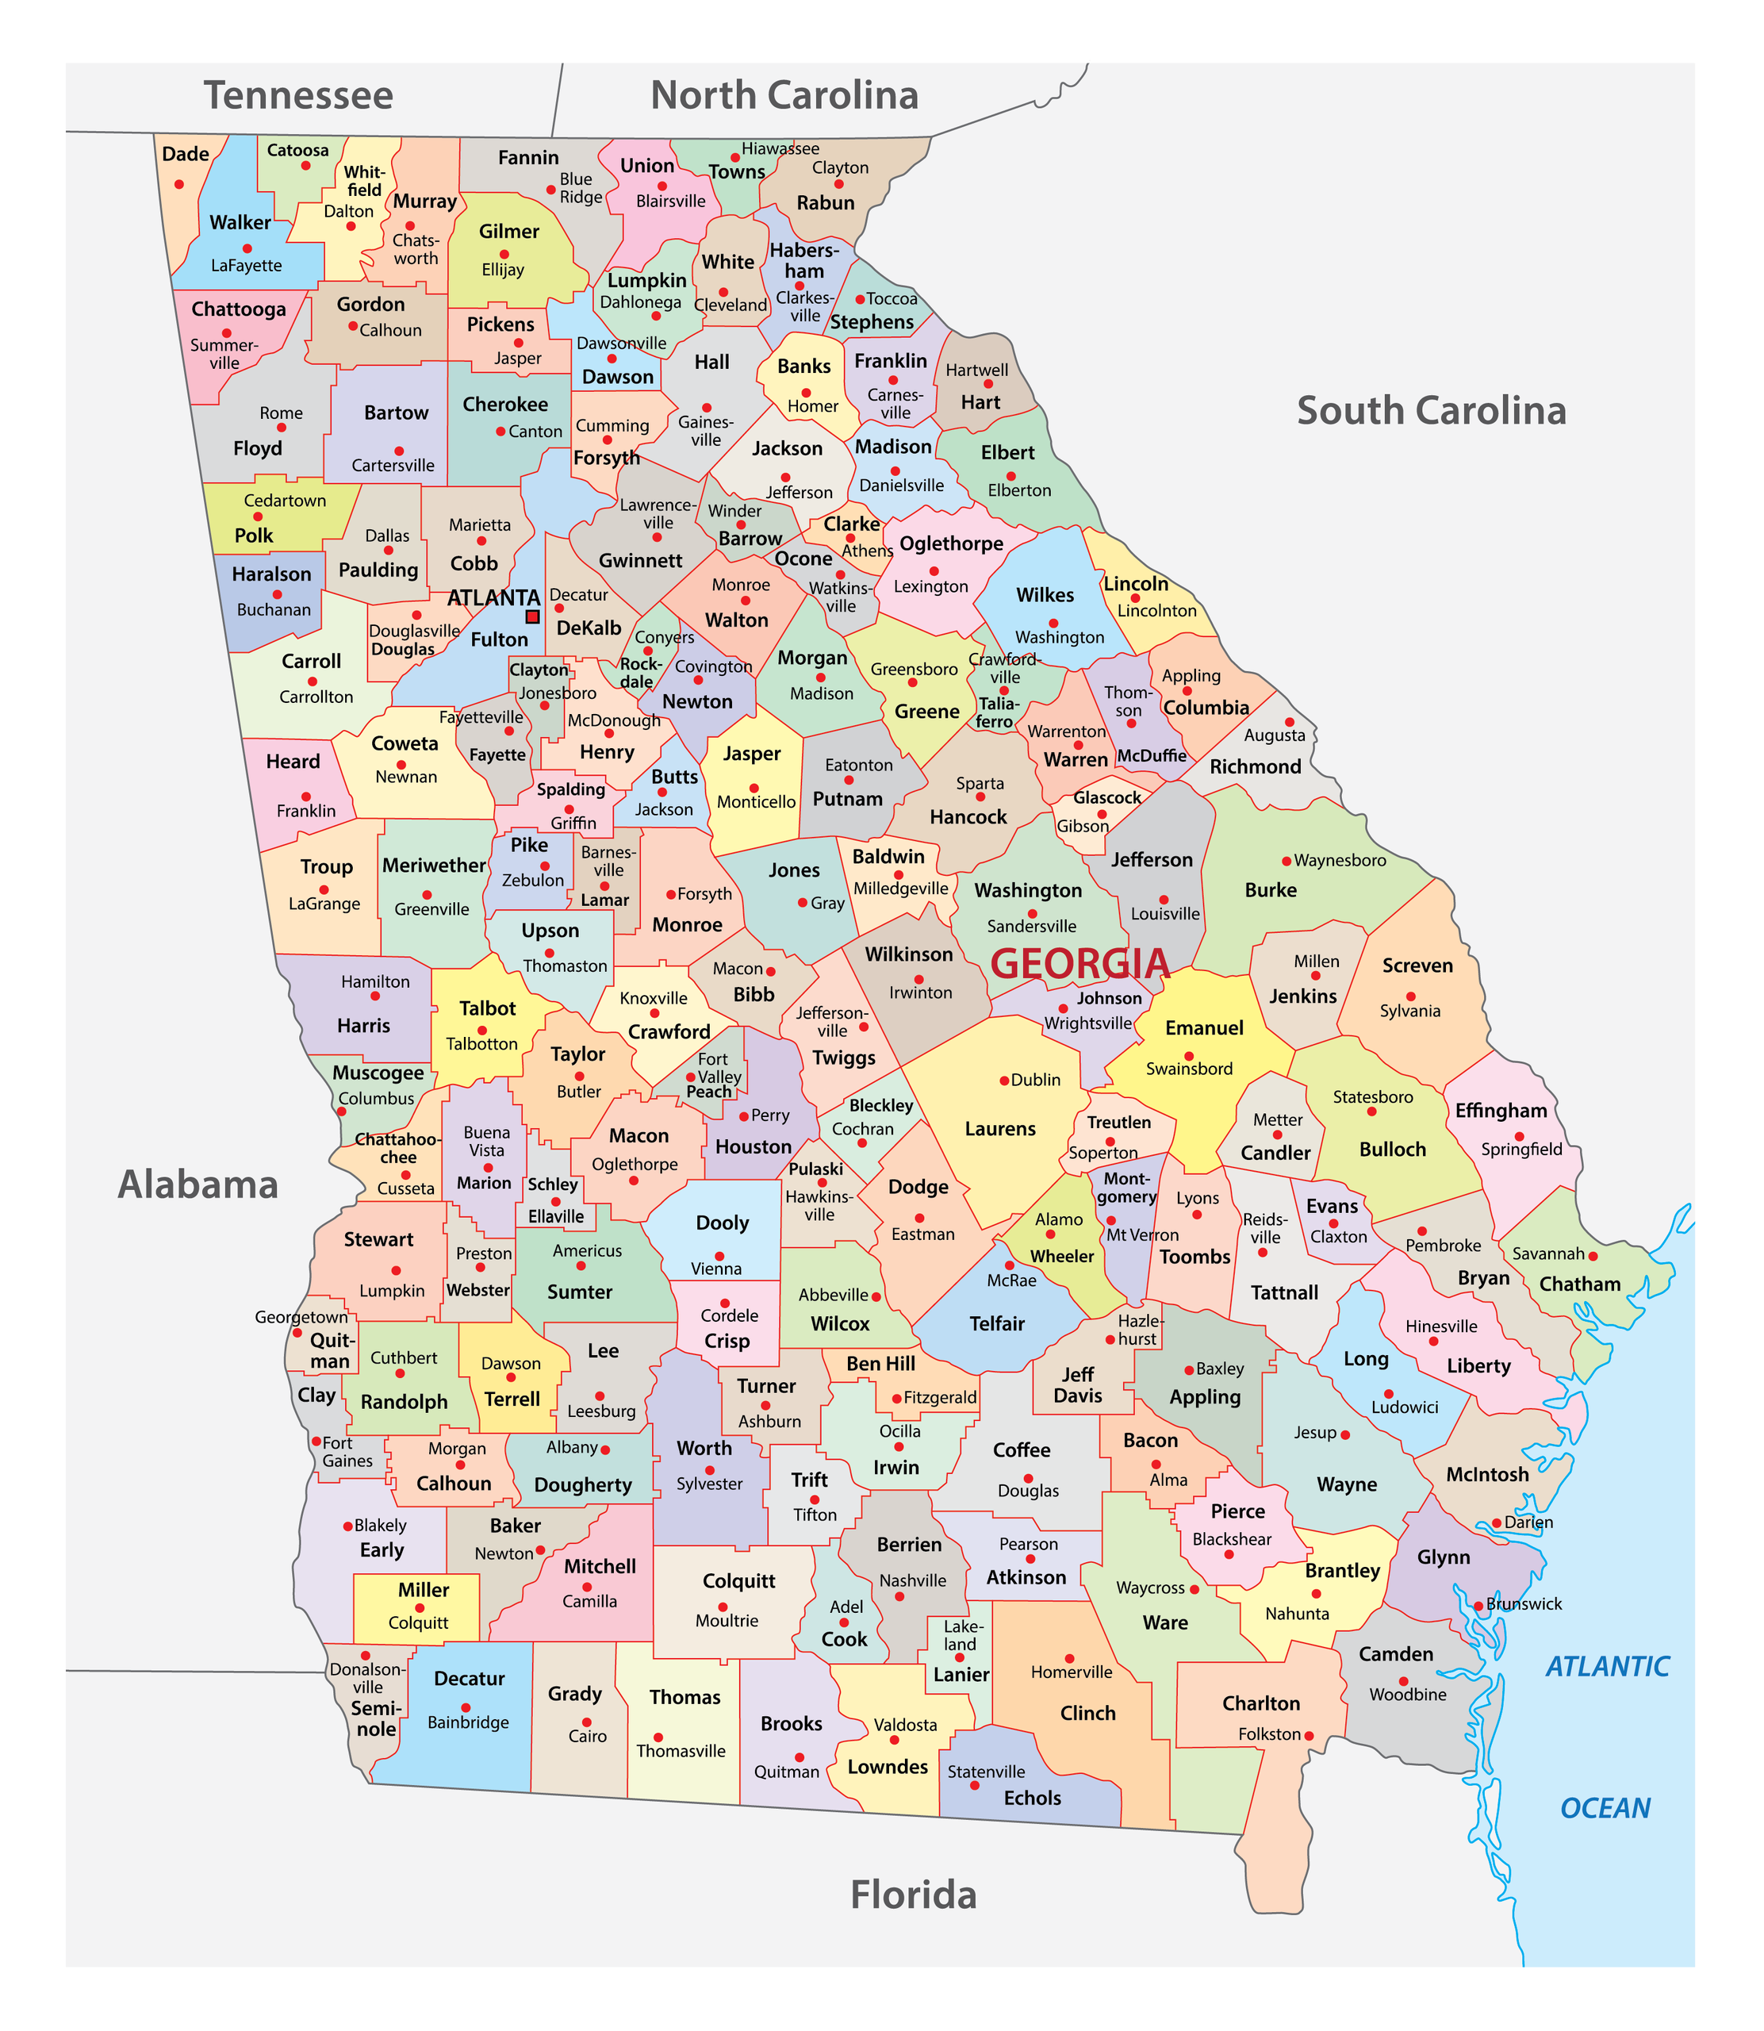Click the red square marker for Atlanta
point(532,616)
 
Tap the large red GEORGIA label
point(1079,964)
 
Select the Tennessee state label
point(298,95)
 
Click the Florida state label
point(914,1895)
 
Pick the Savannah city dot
point(1593,1255)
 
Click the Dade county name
point(185,154)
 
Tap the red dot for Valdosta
point(894,1740)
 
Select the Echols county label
point(1032,1798)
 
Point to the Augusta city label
point(1274,735)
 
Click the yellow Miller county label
point(424,1590)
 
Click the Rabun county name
point(825,203)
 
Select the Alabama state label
point(197,1184)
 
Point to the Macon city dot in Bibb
point(771,971)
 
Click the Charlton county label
point(1260,1703)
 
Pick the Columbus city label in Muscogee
point(376,1098)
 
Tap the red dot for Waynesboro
point(1286,861)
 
